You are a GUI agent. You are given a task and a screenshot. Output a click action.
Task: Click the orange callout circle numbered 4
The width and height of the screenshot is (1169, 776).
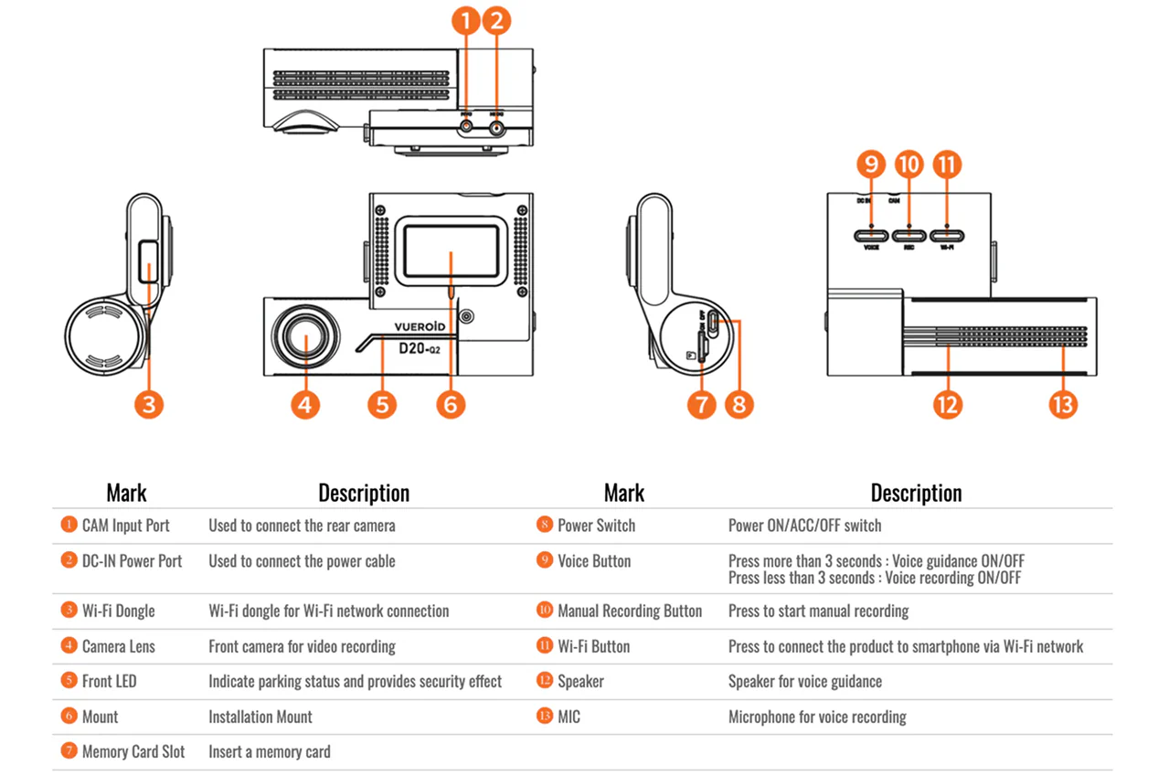pyautogui.click(x=305, y=404)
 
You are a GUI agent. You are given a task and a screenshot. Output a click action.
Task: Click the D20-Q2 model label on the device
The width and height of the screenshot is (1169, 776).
pyautogui.click(x=422, y=348)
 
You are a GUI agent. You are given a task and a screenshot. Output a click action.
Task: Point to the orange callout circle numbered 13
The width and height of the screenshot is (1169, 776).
pyautogui.click(x=1063, y=404)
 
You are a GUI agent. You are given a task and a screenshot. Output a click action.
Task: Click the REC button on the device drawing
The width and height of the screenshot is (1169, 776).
pyautogui.click(x=909, y=236)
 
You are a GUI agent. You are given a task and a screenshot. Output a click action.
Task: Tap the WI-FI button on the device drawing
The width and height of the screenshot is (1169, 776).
pyautogui.click(x=947, y=236)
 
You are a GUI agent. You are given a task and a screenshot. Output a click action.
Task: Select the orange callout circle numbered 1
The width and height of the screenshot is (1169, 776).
pyautogui.click(x=466, y=20)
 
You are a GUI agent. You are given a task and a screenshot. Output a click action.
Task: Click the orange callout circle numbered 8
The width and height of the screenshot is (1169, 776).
pyautogui.click(x=739, y=404)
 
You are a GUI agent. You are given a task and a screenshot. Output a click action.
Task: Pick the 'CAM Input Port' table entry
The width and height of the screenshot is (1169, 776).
pyautogui.click(x=125, y=526)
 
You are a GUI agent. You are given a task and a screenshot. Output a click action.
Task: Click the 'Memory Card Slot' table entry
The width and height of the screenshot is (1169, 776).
pyautogui.click(x=133, y=752)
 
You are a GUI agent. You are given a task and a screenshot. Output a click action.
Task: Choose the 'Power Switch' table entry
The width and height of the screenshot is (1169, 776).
pyautogui.click(x=596, y=526)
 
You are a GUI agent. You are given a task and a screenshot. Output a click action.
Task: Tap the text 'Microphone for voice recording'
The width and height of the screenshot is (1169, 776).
pyautogui.click(x=817, y=718)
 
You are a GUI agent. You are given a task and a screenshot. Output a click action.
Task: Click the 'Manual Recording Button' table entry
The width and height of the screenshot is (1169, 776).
pyautogui.click(x=630, y=611)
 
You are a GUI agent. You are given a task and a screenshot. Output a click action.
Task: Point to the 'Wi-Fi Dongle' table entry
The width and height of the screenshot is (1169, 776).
pyautogui.click(x=118, y=611)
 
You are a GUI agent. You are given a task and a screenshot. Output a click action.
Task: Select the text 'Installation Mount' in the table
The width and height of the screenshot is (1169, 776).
pyautogui.click(x=260, y=718)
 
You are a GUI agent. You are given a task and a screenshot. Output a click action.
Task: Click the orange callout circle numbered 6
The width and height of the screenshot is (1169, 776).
pyautogui.click(x=451, y=404)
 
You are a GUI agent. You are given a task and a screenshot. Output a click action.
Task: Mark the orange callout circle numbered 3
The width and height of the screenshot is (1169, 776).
pyautogui.click(x=149, y=404)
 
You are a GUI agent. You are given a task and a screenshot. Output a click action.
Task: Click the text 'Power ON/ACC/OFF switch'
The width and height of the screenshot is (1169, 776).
pyautogui.click(x=805, y=526)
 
